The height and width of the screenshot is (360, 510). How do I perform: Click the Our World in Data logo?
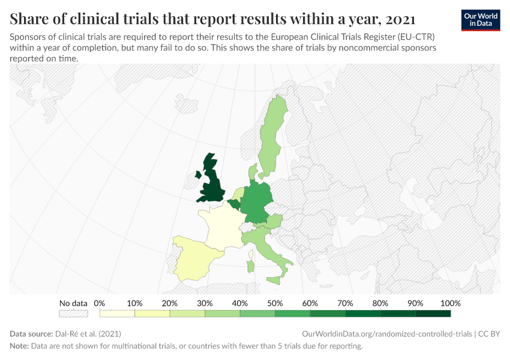[480, 20]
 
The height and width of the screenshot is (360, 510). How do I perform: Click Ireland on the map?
[197, 175]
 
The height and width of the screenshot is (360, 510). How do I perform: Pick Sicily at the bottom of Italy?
[274, 280]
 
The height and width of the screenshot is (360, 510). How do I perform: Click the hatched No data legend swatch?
[73, 313]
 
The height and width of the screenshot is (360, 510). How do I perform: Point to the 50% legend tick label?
[275, 303]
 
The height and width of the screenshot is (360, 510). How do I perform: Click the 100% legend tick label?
[450, 303]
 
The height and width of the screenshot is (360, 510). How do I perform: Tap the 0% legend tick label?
[100, 303]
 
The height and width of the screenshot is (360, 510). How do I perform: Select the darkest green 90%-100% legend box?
[433, 313]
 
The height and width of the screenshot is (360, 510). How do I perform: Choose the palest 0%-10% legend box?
[117, 313]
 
